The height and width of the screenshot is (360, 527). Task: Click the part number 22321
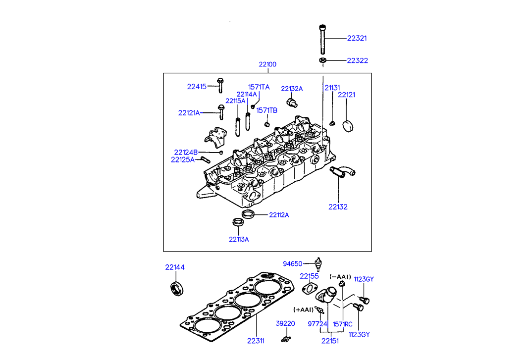point(357,38)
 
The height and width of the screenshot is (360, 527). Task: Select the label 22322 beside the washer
point(357,60)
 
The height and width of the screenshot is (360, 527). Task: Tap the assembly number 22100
point(267,64)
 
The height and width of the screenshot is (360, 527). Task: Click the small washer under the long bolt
point(322,60)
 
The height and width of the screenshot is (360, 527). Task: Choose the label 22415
point(197,87)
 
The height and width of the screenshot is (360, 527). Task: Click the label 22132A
point(292,89)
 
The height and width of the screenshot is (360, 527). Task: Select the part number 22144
point(175,267)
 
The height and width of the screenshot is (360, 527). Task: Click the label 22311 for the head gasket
point(257,341)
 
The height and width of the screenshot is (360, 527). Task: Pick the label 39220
point(285,323)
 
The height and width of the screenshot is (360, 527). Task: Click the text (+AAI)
point(304,309)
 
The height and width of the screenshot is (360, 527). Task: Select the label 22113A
point(239,239)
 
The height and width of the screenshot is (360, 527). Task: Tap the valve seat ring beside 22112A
point(248,215)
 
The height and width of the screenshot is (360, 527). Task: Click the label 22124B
point(186,152)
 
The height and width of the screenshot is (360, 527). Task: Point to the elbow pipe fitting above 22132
point(343,171)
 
